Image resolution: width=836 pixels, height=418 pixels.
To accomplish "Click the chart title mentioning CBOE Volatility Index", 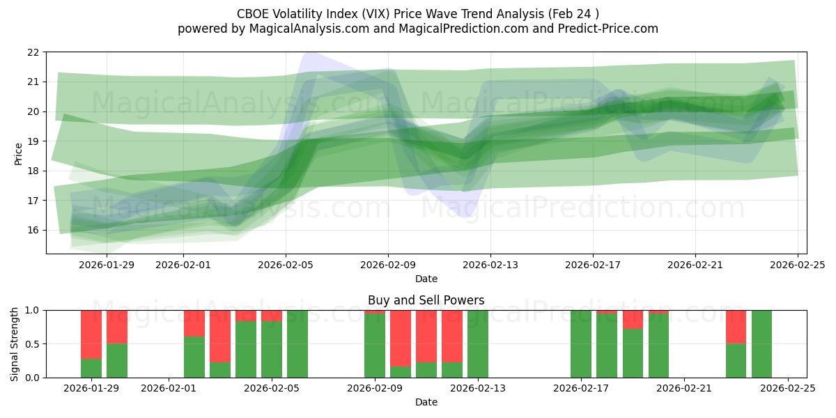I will (x=417, y=13).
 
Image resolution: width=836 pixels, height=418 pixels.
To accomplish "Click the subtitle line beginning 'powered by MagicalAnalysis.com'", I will (x=417, y=29).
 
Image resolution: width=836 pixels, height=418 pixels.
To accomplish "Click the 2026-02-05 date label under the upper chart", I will (x=286, y=264).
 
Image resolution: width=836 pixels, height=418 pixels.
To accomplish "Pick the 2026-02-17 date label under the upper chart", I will (x=593, y=264).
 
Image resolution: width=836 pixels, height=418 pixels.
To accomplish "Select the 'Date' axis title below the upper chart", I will (x=426, y=279).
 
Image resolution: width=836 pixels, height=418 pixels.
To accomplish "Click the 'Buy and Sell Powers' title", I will (x=426, y=301).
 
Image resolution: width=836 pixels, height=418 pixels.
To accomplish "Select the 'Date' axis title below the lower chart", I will (x=426, y=402).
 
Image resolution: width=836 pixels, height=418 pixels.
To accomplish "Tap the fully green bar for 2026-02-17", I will (x=581, y=344).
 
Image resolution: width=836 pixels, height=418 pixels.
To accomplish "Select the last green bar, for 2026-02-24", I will (x=761, y=344).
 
